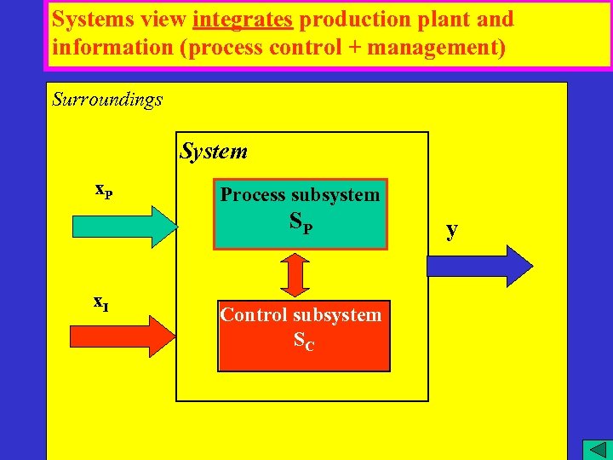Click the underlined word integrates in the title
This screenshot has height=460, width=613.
pyautogui.click(x=243, y=20)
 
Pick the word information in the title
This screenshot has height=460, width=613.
pyautogui.click(x=110, y=48)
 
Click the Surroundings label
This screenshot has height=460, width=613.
pyautogui.click(x=107, y=100)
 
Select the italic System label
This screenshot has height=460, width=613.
pyautogui.click(x=214, y=152)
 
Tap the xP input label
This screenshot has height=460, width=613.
pyautogui.click(x=104, y=189)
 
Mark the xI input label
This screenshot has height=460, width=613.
pyautogui.click(x=100, y=301)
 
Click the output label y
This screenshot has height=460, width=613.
pyautogui.click(x=452, y=228)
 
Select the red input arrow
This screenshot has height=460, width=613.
pyautogui.click(x=124, y=335)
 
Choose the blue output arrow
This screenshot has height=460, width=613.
pyautogui.click(x=479, y=266)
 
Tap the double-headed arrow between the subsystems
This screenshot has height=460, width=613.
pyautogui.click(x=294, y=274)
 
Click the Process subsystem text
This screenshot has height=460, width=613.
pyautogui.click(x=300, y=195)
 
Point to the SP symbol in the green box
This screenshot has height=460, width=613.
pyautogui.click(x=301, y=223)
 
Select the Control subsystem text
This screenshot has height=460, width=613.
pyautogui.click(x=301, y=315)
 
